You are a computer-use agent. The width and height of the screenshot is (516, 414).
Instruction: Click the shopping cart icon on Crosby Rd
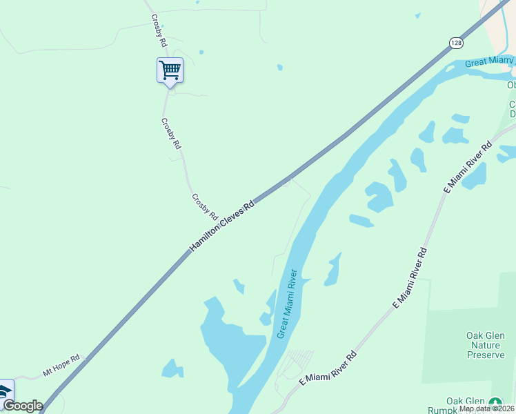(170, 70)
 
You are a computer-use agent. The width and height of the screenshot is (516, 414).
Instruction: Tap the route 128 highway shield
(456, 43)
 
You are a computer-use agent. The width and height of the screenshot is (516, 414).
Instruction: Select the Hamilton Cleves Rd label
(222, 226)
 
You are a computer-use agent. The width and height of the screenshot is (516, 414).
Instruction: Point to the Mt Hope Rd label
(61, 366)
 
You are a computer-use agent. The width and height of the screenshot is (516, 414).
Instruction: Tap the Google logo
(23, 406)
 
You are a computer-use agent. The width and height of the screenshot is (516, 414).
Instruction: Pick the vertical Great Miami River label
(286, 304)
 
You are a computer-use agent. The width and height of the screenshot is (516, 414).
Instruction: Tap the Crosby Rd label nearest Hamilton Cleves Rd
(204, 206)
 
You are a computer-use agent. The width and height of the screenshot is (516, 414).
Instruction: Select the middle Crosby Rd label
(170, 134)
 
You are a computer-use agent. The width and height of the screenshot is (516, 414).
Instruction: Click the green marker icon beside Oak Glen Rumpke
(495, 402)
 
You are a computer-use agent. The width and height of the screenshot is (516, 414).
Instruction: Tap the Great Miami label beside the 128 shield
(486, 63)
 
